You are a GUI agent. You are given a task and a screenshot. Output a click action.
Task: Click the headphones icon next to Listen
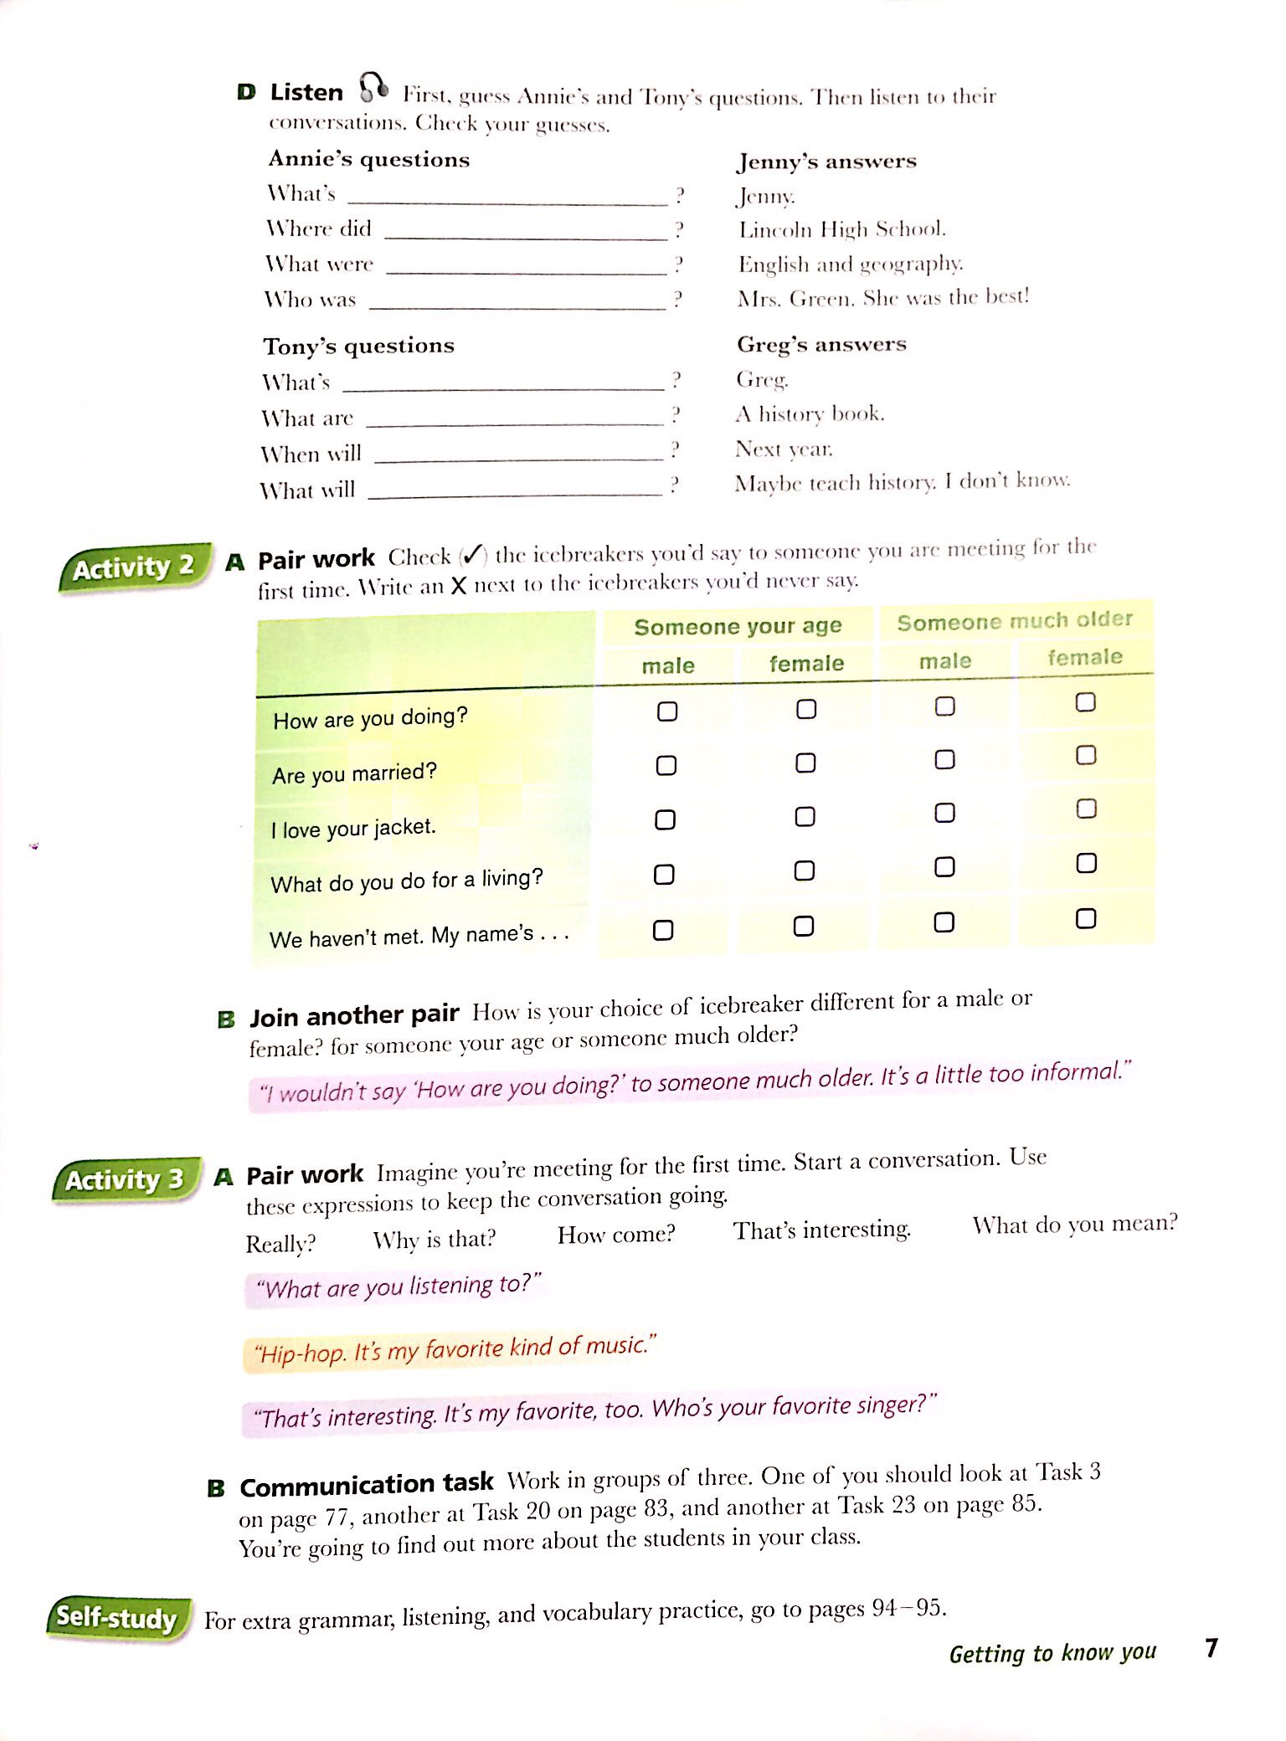click(373, 86)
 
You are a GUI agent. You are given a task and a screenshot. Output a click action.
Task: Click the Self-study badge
click(116, 1617)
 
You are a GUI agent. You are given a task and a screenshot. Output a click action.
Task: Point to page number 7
click(1211, 1647)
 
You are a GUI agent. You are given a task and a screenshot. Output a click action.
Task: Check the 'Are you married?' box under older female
click(1086, 756)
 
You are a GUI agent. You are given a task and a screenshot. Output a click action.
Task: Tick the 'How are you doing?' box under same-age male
click(667, 711)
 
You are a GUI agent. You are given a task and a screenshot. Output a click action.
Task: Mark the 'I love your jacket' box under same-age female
click(805, 817)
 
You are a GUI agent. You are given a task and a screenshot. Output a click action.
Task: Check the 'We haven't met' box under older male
click(944, 922)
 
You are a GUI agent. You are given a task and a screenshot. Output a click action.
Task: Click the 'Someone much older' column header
click(1014, 621)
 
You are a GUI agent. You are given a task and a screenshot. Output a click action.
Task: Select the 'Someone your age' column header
click(738, 626)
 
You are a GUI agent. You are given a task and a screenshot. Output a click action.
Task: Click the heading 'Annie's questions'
click(369, 159)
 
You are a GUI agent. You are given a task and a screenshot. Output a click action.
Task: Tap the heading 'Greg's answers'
click(821, 344)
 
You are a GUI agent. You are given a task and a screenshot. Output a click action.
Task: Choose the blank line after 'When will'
click(518, 456)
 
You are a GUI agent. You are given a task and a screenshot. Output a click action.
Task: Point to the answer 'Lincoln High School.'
click(841, 229)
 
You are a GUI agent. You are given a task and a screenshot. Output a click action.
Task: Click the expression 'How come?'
click(616, 1235)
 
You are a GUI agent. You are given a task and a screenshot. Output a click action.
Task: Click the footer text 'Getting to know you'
click(1052, 1652)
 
